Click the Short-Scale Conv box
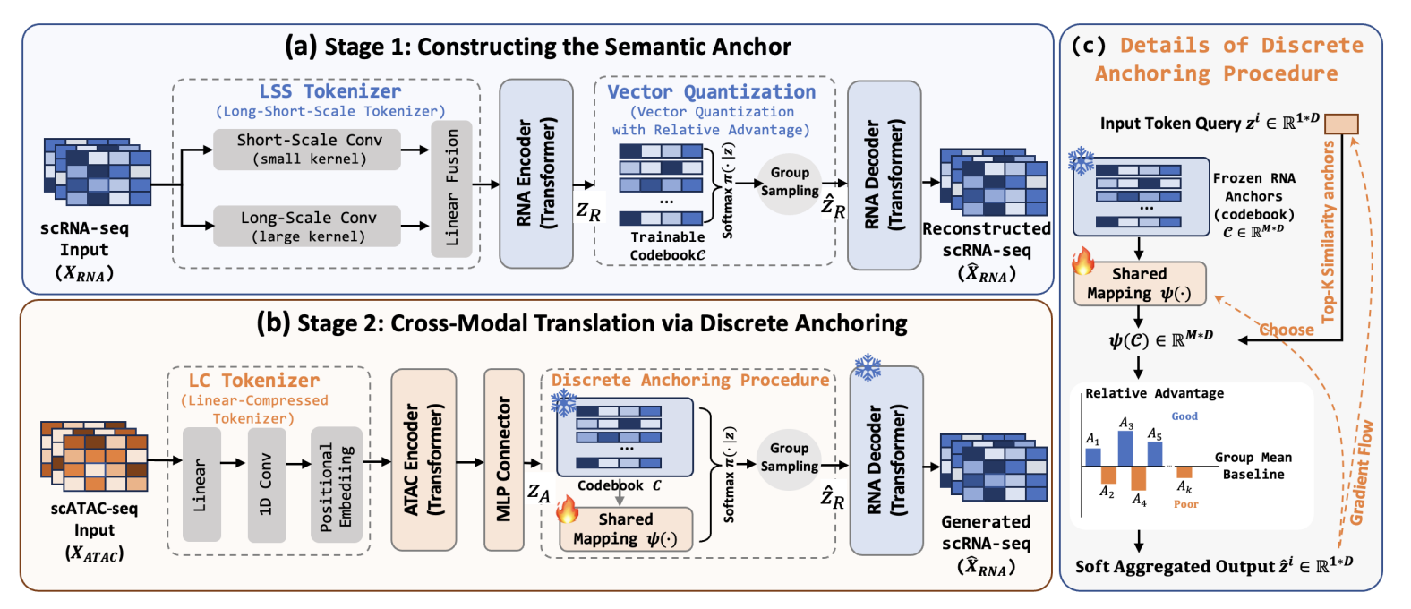point(308,150)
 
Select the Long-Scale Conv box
point(308,227)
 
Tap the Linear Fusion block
point(451,189)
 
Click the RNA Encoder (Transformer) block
point(535,174)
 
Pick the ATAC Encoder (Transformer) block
point(423,459)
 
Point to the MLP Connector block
point(503,459)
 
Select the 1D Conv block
point(266,485)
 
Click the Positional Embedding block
point(337,485)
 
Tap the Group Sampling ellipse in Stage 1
point(790,183)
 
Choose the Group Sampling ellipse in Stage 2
point(789,458)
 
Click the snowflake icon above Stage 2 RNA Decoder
point(868,367)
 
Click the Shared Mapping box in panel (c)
point(1139,284)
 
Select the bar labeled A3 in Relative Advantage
point(1125,449)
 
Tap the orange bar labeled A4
point(1139,478)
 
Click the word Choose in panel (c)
point(1287,330)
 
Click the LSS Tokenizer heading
point(330,91)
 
